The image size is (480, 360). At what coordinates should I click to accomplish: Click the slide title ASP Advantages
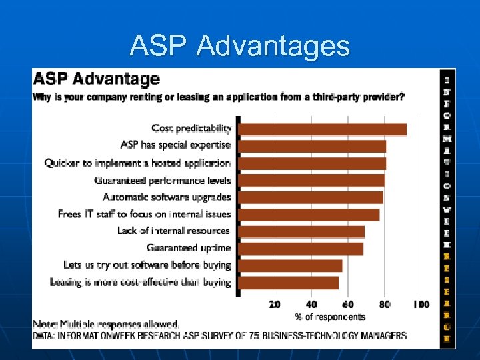(240, 46)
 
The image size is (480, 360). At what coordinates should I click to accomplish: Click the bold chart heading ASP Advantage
(97, 79)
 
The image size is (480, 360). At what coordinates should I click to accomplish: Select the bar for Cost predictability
(322, 129)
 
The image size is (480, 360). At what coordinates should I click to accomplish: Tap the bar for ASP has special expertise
(312, 146)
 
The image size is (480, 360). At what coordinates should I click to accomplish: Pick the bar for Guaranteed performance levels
(311, 180)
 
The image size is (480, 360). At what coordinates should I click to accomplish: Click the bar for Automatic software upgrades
(311, 197)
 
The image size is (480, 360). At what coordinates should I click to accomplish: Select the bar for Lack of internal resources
(301, 231)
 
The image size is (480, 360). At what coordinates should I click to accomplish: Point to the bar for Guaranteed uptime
(301, 249)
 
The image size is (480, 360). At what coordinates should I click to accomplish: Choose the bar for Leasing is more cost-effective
(288, 283)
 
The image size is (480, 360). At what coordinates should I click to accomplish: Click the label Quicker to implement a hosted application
(137, 163)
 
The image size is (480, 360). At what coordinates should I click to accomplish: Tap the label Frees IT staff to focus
(144, 214)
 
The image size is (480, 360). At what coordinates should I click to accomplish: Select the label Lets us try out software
(147, 265)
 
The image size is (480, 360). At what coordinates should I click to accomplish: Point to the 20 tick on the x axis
(275, 305)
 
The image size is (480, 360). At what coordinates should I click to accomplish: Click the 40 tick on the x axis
(311, 305)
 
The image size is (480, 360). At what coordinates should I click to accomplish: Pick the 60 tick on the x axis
(348, 305)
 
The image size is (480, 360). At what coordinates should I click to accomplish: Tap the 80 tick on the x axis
(385, 305)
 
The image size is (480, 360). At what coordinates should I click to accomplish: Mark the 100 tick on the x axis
(421, 305)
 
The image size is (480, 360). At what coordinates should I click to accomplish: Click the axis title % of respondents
(329, 317)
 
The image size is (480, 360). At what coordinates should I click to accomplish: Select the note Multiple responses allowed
(107, 325)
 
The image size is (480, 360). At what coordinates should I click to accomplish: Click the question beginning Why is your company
(219, 97)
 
